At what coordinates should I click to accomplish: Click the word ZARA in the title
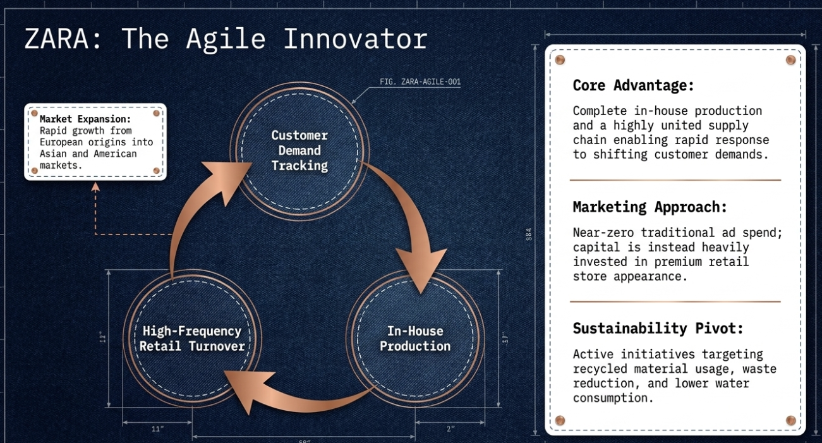[56, 39]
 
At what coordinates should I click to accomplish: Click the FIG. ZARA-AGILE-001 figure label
[420, 82]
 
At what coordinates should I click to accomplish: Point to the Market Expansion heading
[85, 119]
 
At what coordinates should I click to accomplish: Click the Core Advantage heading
[633, 85]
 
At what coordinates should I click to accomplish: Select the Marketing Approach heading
[650, 207]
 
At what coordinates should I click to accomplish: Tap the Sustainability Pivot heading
[658, 329]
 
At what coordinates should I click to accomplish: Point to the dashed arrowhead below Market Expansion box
[95, 187]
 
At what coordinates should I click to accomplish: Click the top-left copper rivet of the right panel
[560, 60]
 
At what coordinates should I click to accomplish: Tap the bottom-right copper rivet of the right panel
[791, 420]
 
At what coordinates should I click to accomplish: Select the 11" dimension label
[157, 429]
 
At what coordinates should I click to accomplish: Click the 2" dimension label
[450, 429]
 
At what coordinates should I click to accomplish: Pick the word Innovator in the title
[356, 39]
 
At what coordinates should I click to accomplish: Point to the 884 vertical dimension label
[529, 234]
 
